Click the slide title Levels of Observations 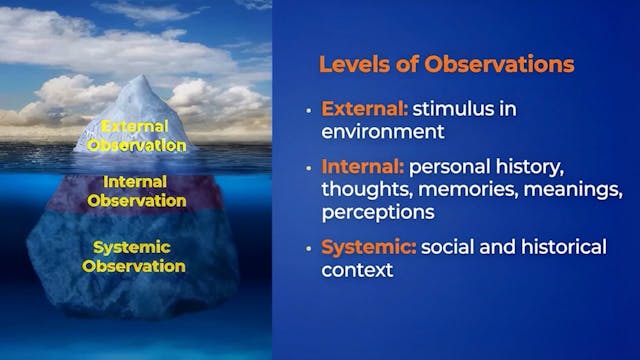tap(446, 64)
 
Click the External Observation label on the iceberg tap(136, 135)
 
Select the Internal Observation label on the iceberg tap(136, 191)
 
